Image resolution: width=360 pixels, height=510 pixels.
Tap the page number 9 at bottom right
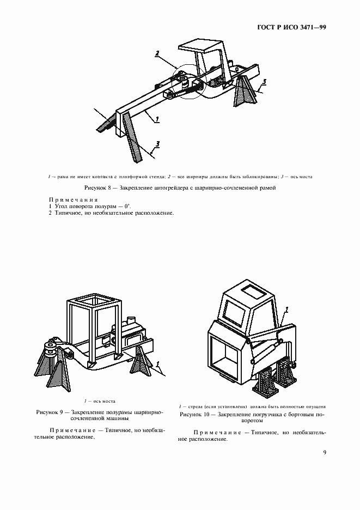(x=325, y=452)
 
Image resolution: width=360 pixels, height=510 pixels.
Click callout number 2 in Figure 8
(x=157, y=53)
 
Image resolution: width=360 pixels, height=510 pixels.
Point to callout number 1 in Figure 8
(x=157, y=118)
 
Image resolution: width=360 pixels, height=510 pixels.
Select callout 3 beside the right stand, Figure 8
(x=264, y=82)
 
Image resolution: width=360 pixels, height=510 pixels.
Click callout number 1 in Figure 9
(x=157, y=363)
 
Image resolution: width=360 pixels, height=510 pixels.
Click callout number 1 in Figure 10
(x=286, y=308)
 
